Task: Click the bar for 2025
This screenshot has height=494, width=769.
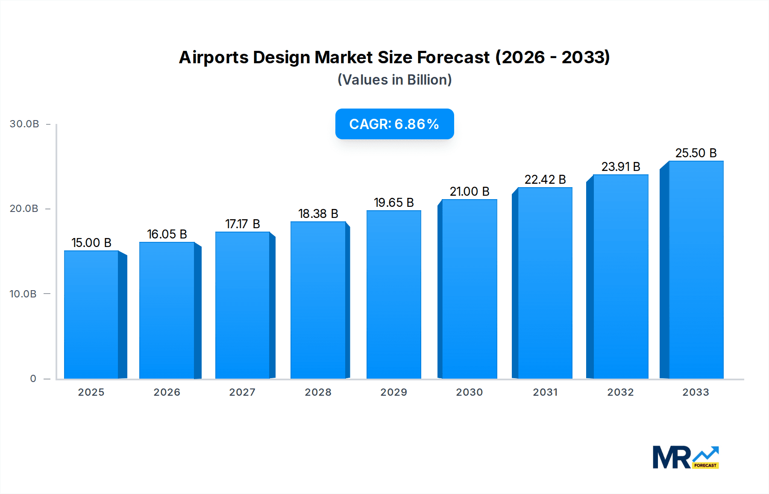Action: tap(91, 315)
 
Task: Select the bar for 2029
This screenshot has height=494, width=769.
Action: tap(393, 294)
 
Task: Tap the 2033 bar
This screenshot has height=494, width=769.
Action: tap(696, 270)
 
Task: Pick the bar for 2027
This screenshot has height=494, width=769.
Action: tap(242, 305)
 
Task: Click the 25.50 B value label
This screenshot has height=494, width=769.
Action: tap(696, 153)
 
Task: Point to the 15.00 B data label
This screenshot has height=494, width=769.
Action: tap(91, 243)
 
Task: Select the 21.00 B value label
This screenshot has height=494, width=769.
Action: tap(469, 191)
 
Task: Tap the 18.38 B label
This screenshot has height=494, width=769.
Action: tap(318, 214)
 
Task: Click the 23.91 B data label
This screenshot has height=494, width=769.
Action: tap(620, 167)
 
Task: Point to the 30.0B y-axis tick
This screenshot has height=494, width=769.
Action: tap(24, 124)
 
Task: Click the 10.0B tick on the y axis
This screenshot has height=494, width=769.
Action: tap(23, 294)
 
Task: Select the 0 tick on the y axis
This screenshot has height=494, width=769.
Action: tap(33, 379)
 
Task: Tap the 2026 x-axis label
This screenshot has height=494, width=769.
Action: tap(167, 392)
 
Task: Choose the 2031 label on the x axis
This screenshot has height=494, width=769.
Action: tap(545, 392)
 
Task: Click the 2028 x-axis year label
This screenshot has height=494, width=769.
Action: tap(318, 392)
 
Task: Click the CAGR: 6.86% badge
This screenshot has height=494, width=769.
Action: tap(394, 124)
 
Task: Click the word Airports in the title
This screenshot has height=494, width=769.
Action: tap(213, 57)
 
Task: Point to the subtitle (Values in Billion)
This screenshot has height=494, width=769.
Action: tap(394, 80)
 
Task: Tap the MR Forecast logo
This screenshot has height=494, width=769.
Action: tap(685, 457)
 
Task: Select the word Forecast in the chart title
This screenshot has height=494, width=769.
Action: tap(453, 57)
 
